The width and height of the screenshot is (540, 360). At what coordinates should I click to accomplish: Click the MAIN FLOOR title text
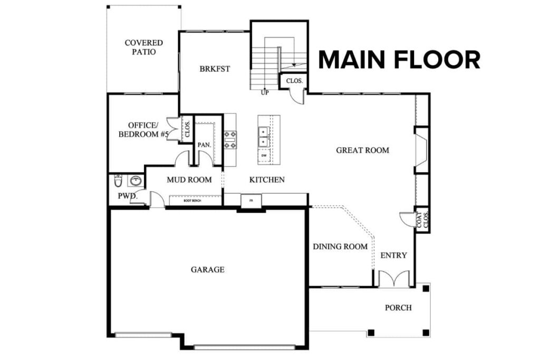click(399, 60)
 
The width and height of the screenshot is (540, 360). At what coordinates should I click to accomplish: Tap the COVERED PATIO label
click(143, 47)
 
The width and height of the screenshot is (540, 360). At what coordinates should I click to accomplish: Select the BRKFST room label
click(215, 69)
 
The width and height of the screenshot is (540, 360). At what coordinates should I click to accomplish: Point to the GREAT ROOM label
click(362, 150)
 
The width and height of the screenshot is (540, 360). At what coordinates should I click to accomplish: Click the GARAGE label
click(207, 269)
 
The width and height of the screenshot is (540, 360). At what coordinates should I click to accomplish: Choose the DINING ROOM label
click(340, 246)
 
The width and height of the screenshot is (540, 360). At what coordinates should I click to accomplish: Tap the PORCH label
click(398, 307)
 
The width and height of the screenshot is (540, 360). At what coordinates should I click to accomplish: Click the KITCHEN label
click(267, 180)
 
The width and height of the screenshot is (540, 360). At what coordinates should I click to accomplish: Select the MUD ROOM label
click(189, 180)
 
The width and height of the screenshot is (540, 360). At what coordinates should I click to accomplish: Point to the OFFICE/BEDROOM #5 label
click(143, 130)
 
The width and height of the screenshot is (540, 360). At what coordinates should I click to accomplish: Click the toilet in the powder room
click(118, 181)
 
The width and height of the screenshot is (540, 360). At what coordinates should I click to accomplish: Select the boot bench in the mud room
click(195, 201)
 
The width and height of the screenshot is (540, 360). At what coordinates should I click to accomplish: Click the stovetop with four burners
click(230, 139)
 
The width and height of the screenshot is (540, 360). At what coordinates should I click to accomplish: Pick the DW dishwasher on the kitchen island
click(263, 155)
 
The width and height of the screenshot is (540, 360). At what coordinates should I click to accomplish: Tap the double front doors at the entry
click(394, 279)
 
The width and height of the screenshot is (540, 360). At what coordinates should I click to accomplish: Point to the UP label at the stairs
click(266, 92)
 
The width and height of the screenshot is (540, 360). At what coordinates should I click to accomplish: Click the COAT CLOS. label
click(422, 220)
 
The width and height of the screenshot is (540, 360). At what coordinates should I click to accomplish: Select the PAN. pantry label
click(204, 145)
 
